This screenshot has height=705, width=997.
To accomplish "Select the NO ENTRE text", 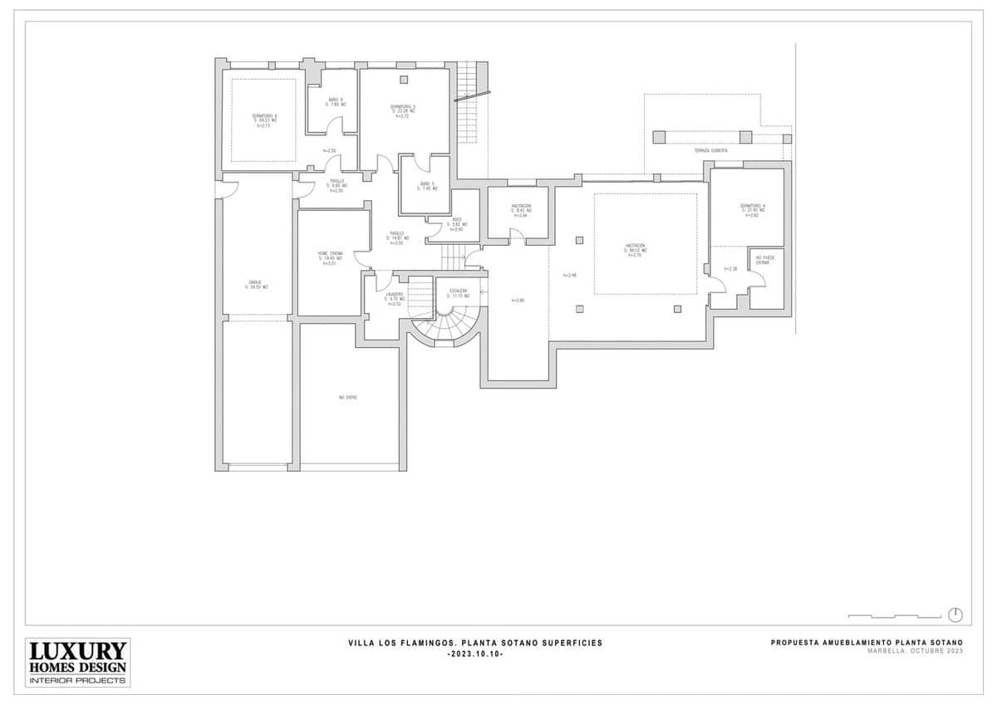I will pyautogui.click(x=347, y=398).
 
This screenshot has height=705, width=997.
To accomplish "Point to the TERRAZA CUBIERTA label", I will pyautogui.click(x=711, y=150).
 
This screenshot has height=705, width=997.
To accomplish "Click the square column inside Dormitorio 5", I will pyautogui.click(x=404, y=80).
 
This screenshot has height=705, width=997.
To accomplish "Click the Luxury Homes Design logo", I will pyautogui.click(x=78, y=662).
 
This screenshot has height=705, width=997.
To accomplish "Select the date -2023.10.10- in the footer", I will pyautogui.click(x=475, y=654).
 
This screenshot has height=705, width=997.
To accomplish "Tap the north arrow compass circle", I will pyautogui.click(x=955, y=614).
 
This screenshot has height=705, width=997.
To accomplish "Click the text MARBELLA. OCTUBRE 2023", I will pyautogui.click(x=915, y=651).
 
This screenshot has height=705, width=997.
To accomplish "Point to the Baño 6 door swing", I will pyautogui.click(x=334, y=125).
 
